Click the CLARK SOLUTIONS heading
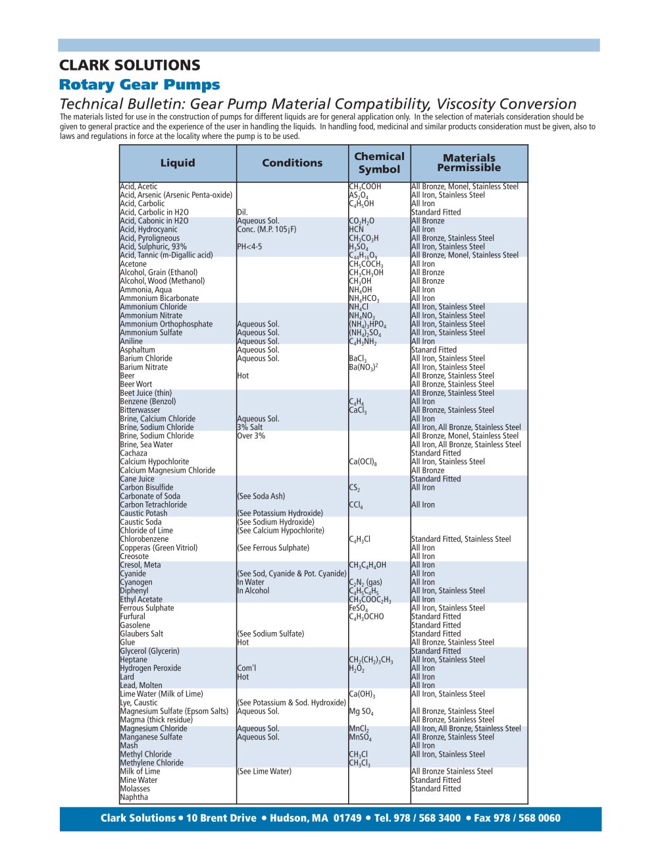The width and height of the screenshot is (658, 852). click(x=130, y=65)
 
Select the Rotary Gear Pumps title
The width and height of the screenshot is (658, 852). click(x=139, y=85)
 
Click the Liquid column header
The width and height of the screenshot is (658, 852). click(x=178, y=163)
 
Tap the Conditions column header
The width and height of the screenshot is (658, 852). click(x=292, y=163)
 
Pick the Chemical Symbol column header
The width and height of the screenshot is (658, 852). click(x=379, y=163)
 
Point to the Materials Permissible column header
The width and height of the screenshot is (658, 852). click(x=469, y=163)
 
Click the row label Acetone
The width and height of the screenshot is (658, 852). click(x=134, y=264)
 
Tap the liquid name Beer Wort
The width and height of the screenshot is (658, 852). click(x=136, y=385)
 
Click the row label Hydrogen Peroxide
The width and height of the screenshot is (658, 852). click(x=151, y=668)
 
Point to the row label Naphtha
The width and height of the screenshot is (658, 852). click(x=134, y=797)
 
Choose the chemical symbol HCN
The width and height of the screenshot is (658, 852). click(x=356, y=230)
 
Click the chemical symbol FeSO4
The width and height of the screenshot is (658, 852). click(x=359, y=608)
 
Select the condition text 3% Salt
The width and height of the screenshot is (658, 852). click(x=249, y=427)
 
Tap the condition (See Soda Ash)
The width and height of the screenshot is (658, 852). click(x=261, y=496)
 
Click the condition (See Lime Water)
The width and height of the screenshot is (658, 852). click(x=264, y=772)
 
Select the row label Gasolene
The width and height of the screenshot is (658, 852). click(x=135, y=626)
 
